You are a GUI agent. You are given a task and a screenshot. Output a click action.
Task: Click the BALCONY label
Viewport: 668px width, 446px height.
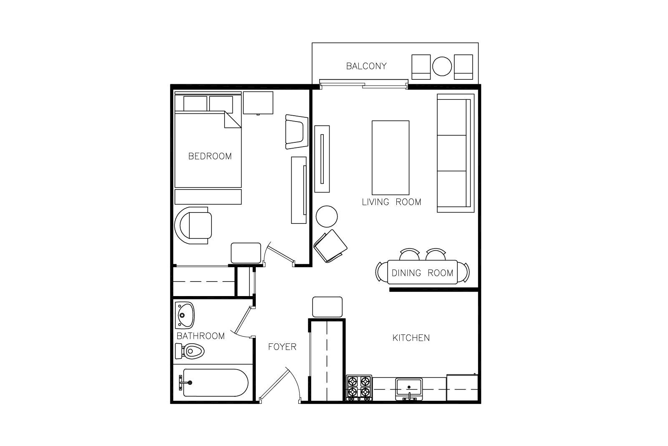[366, 66]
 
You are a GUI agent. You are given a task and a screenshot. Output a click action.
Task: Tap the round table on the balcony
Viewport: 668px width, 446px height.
[442, 66]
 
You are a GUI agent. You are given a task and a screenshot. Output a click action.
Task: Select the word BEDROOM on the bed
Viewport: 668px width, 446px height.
[210, 156]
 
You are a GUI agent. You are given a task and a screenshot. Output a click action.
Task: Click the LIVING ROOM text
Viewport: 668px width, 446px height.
[391, 202]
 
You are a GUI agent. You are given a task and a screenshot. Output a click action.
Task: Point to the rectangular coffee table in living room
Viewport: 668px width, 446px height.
[391, 157]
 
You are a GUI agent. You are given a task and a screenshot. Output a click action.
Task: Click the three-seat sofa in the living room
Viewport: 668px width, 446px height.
[456, 153]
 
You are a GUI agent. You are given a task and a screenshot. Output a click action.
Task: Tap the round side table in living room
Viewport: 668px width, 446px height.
[327, 216]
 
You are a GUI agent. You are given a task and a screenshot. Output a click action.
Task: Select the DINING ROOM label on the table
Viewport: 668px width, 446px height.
[422, 273]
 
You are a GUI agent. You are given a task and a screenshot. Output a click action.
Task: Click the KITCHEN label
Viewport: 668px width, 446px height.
[411, 338]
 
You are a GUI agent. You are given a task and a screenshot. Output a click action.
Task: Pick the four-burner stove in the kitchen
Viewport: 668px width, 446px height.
[359, 388]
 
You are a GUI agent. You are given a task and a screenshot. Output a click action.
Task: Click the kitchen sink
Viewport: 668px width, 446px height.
[409, 389]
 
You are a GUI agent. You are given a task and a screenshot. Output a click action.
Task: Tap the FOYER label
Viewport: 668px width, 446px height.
[282, 347]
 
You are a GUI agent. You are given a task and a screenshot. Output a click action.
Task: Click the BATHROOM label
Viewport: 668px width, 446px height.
[201, 336]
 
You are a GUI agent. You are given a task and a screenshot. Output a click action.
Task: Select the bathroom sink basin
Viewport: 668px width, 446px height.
[184, 315]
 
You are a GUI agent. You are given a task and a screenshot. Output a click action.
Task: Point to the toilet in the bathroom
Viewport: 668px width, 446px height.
[190, 351]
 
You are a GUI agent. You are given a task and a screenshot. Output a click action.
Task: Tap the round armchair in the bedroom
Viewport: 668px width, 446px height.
[193, 226]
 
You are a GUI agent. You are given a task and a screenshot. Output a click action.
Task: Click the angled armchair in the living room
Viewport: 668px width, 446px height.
[330, 246]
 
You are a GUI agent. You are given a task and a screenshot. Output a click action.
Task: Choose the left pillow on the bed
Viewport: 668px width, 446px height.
[195, 104]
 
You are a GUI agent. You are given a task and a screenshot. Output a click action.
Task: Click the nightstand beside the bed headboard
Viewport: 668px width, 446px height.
[258, 103]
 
